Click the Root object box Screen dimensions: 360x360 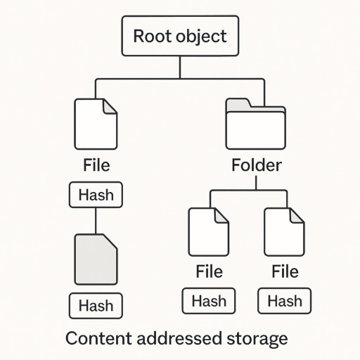pos(180,36)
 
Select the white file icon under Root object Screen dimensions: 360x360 pos(96,124)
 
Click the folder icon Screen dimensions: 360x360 pos(256,124)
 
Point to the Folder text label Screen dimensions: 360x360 pos(257,165)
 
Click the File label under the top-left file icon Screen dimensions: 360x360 pos(96,165)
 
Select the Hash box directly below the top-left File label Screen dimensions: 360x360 pos(96,195)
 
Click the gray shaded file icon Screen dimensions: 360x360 pos(96,259)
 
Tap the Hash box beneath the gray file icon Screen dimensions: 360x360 pos(96,306)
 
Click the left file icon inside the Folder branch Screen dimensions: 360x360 pos(209,232)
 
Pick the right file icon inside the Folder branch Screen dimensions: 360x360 pos(284,232)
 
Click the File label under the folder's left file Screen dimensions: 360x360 pos(209,271)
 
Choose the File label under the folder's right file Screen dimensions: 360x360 pos(285,271)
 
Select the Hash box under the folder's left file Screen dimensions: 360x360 pos(209,301)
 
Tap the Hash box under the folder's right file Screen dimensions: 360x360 pos(285,301)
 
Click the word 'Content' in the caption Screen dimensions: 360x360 pos(98,338)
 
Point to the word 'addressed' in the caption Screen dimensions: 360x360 pos(179,338)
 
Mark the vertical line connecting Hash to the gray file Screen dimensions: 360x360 pos(96,221)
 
